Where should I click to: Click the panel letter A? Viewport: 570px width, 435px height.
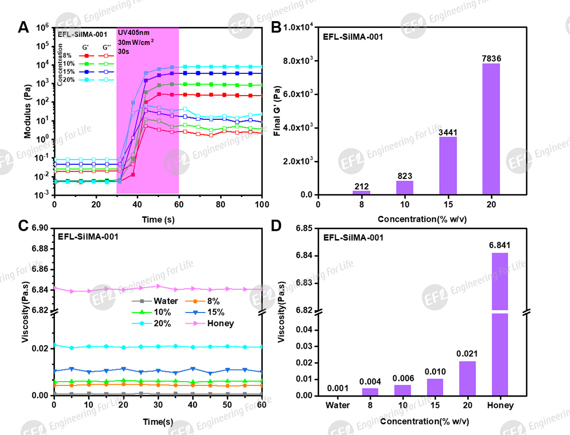click(x=23, y=27)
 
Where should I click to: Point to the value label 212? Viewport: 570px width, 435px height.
click(x=361, y=185)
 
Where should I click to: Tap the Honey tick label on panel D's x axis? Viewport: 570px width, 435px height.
click(x=500, y=406)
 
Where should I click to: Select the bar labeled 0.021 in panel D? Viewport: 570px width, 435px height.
click(x=467, y=378)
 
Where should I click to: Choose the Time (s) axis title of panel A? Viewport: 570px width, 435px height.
click(x=158, y=218)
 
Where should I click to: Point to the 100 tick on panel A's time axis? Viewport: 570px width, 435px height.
click(x=262, y=204)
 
